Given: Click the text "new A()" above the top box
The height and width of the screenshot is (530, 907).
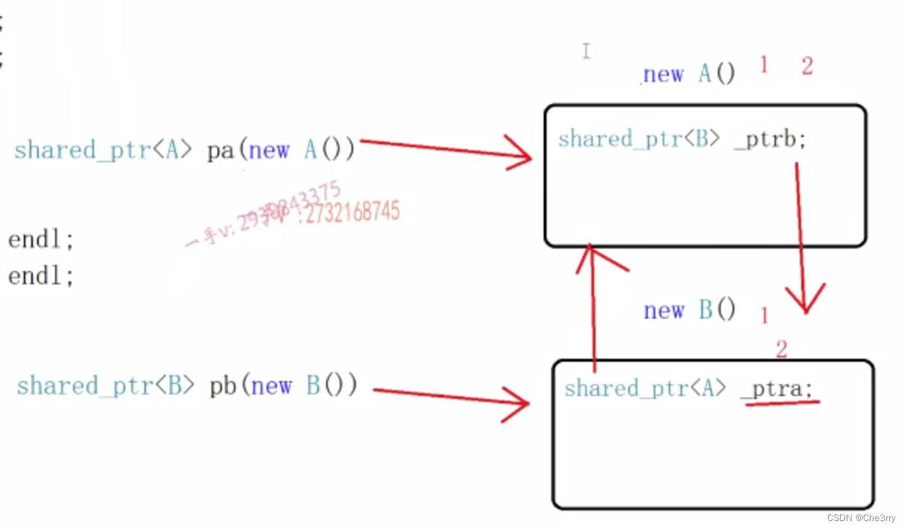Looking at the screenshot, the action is pos(689,74).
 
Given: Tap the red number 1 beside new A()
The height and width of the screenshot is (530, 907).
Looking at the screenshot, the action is pos(763,65).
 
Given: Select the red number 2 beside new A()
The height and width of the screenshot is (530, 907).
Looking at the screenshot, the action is pos(807,66).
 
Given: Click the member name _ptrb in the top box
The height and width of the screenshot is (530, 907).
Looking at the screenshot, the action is pos(770,139).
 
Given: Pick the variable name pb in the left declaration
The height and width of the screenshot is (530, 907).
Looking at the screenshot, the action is pos(223,386).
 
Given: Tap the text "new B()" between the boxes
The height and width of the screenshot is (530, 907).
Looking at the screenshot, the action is pos(690,310).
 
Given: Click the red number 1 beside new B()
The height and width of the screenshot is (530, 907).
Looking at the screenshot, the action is pos(764,316).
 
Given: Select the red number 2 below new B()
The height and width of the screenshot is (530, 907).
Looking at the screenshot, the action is pos(781,348).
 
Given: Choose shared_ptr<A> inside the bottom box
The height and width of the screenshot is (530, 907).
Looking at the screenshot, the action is pos(645,388).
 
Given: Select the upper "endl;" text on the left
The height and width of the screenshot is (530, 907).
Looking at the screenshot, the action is pos(42,240).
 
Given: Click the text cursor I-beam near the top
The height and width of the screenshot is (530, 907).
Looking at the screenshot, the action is pos(586,51).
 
